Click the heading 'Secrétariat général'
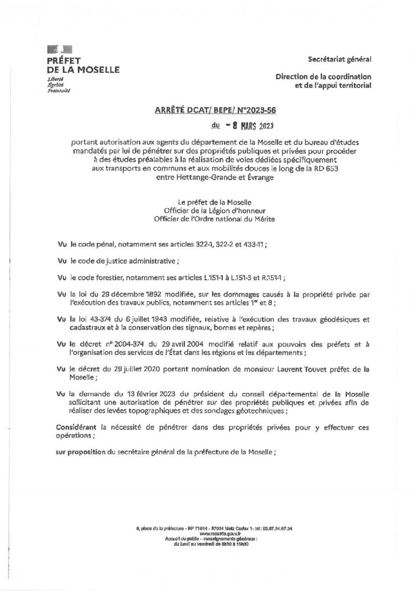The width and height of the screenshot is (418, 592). pyautogui.click(x=339, y=60)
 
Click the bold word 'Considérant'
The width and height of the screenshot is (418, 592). pyautogui.click(x=77, y=425)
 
